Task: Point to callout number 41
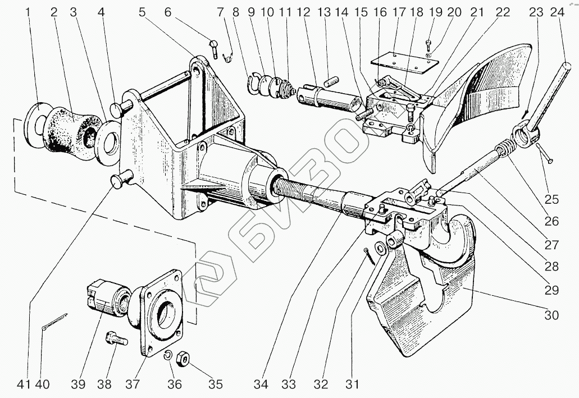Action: [x=22, y=385]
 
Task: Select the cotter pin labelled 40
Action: [x=54, y=322]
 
